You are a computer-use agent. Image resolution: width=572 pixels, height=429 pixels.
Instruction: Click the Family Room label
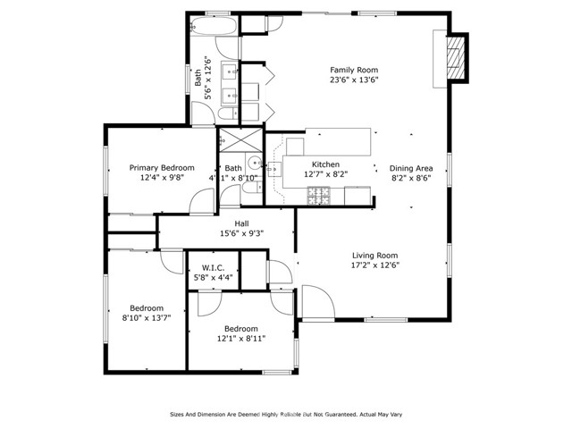(354, 70)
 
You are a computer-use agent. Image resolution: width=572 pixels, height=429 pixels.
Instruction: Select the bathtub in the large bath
(214, 24)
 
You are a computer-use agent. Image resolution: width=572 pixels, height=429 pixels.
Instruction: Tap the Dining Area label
(412, 168)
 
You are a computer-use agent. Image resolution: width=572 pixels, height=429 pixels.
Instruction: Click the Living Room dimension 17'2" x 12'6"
(374, 265)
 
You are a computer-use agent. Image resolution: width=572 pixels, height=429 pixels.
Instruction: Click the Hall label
(241, 223)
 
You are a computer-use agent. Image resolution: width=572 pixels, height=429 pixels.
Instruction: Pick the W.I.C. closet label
(213, 268)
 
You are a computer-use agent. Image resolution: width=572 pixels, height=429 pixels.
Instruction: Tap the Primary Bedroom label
(162, 167)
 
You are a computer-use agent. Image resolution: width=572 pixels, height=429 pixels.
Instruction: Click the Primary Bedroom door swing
(204, 201)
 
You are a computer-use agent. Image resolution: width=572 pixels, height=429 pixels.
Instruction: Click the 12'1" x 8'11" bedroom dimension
(240, 339)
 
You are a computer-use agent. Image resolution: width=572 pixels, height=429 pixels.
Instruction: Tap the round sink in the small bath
(254, 163)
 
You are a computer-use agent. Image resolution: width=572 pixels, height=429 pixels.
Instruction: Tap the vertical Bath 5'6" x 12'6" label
(203, 73)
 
